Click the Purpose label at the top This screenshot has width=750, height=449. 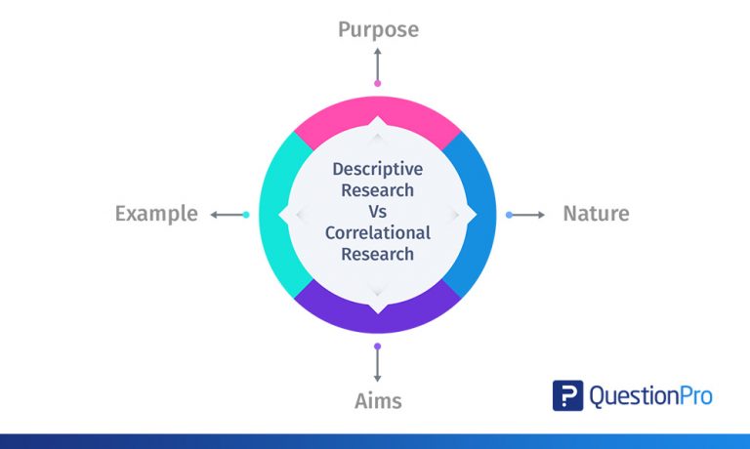(378, 29)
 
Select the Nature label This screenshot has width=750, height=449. (596, 214)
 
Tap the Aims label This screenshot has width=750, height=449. (378, 400)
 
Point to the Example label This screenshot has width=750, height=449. (156, 214)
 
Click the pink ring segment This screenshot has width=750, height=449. (378, 115)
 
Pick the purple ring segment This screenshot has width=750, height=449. (378, 314)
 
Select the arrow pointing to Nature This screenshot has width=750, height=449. (530, 214)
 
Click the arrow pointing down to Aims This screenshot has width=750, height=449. (378, 365)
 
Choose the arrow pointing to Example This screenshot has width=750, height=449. (226, 214)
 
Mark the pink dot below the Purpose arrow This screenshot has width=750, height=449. (378, 84)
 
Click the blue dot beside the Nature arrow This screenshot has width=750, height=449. (509, 214)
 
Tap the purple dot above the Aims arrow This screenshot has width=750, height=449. (378, 346)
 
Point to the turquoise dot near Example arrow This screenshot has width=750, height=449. (246, 214)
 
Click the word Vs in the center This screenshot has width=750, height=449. (378, 212)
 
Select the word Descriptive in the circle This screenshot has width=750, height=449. (377, 169)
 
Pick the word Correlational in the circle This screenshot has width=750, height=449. (377, 233)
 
